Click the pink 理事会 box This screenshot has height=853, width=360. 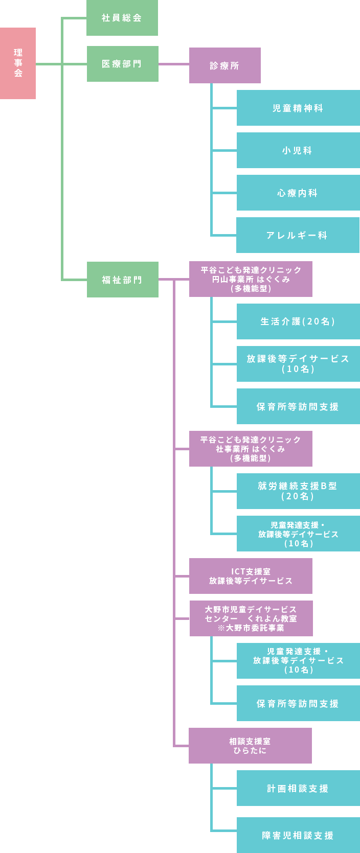(18, 63)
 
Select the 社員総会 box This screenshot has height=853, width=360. (122, 18)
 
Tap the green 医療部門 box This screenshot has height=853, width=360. (122, 64)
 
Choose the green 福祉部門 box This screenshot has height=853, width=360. (122, 280)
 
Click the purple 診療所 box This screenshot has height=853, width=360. (224, 65)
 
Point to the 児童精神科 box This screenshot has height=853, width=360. (298, 108)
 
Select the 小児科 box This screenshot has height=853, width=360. (298, 150)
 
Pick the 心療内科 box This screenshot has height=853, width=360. (298, 193)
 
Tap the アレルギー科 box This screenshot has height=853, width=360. (298, 235)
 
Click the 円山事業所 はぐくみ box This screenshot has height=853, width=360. (251, 279)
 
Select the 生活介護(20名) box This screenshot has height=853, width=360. (298, 321)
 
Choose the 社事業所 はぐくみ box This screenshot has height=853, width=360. (251, 449)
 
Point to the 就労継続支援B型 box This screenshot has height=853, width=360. (298, 491)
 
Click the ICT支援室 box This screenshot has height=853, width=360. (251, 576)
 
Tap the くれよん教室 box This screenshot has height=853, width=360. (251, 618)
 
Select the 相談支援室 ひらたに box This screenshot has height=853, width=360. (250, 746)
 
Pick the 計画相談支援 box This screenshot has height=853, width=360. (298, 788)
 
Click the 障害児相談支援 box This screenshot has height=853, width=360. (298, 835)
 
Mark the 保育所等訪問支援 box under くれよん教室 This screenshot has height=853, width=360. (298, 703)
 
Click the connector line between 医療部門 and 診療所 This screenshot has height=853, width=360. (173, 64)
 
